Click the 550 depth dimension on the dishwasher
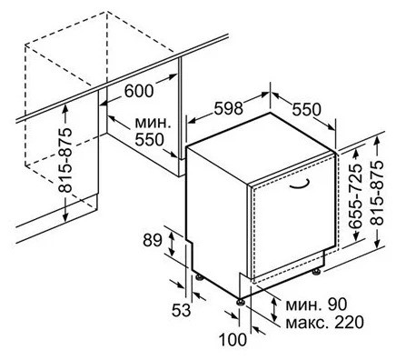[307, 108]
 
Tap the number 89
[153, 240]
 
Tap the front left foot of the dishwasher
[242, 296]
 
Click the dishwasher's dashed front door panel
[286, 227]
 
